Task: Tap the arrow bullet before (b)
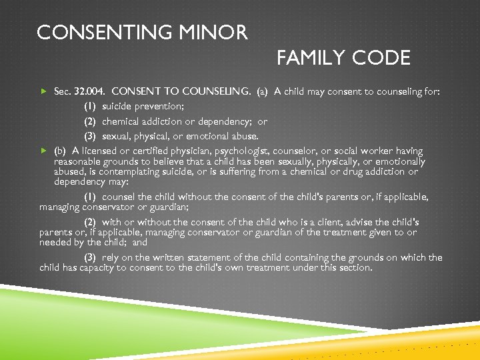pyautogui.click(x=45, y=151)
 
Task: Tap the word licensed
pyautogui.click(x=102, y=151)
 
